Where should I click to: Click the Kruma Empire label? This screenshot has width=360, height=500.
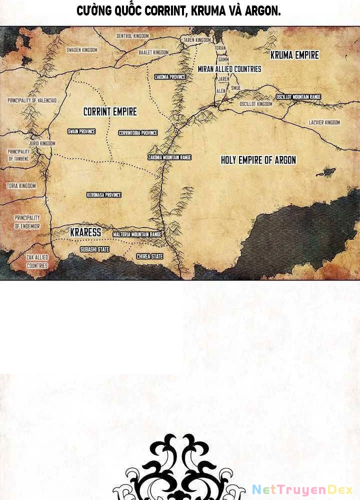click(294, 55)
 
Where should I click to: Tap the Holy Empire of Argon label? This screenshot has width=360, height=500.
click(258, 160)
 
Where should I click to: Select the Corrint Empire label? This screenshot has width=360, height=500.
click(110, 111)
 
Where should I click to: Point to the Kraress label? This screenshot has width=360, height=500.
click(85, 232)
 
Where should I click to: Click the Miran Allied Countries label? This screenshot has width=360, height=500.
click(229, 69)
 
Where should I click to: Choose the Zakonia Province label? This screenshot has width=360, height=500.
click(170, 77)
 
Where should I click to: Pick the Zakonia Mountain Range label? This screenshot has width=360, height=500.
click(169, 157)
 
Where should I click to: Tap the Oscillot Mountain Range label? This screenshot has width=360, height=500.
click(299, 97)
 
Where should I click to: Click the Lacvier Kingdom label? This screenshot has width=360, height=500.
click(324, 122)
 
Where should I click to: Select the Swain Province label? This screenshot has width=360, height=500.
click(81, 131)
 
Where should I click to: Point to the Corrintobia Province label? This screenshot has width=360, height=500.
click(138, 133)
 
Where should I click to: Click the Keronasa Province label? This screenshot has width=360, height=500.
click(104, 195)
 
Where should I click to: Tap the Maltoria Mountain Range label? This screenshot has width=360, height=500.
click(137, 234)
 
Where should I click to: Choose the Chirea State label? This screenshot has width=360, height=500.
click(150, 256)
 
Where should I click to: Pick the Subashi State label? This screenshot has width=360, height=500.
click(94, 249)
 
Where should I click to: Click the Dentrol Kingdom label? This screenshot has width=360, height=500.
click(133, 36)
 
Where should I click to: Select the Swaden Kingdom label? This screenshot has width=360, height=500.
click(82, 50)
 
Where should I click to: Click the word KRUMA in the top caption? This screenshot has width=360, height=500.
click(210, 11)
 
